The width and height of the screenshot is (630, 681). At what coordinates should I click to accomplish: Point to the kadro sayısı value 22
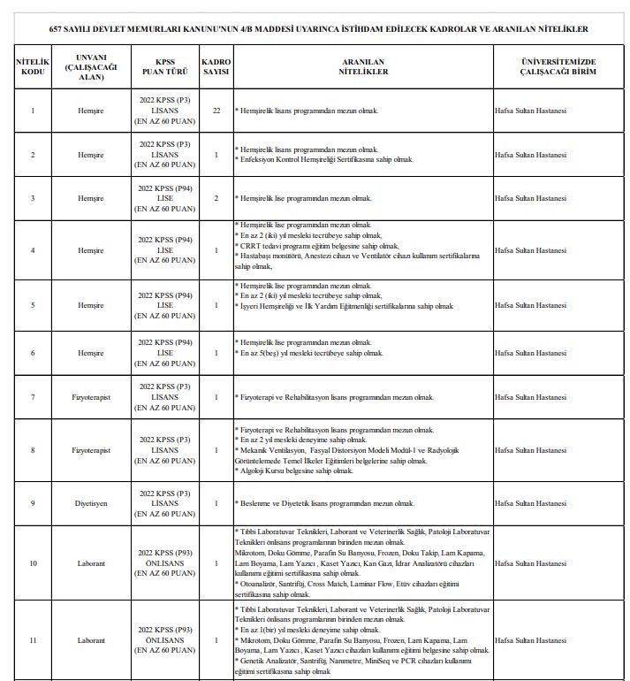(x=216, y=110)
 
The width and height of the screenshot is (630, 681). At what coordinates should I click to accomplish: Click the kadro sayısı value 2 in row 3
(x=216, y=198)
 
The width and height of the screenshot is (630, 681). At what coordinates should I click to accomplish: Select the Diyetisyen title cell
(x=91, y=502)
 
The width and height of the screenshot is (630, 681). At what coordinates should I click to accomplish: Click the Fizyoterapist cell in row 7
(x=91, y=397)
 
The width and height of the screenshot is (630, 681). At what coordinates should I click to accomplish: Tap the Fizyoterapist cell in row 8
(x=91, y=450)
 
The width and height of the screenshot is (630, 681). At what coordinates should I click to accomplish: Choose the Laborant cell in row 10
(x=91, y=562)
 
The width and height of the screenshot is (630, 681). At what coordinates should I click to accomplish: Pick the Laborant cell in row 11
(x=91, y=639)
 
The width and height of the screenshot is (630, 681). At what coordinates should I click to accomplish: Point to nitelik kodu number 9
(x=33, y=502)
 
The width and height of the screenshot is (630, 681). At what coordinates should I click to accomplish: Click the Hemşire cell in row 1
(x=91, y=110)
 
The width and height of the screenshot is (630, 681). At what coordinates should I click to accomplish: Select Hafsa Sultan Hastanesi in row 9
(x=530, y=502)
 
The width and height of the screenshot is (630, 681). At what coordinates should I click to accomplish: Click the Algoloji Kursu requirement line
(x=295, y=471)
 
